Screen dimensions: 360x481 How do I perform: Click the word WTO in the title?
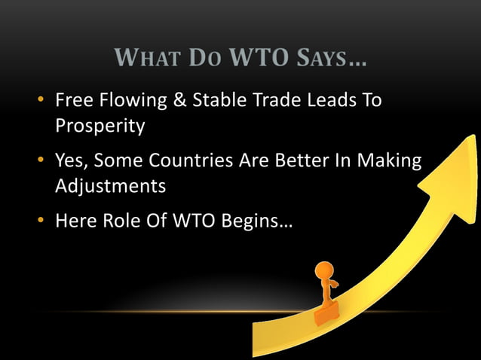coord(261,58)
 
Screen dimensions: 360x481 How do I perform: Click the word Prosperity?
coord(100,126)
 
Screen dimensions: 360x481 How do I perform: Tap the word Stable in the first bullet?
coord(222,100)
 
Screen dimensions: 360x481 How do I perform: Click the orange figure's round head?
coord(324,270)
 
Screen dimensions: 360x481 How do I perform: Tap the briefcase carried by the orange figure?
coord(327,312)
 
